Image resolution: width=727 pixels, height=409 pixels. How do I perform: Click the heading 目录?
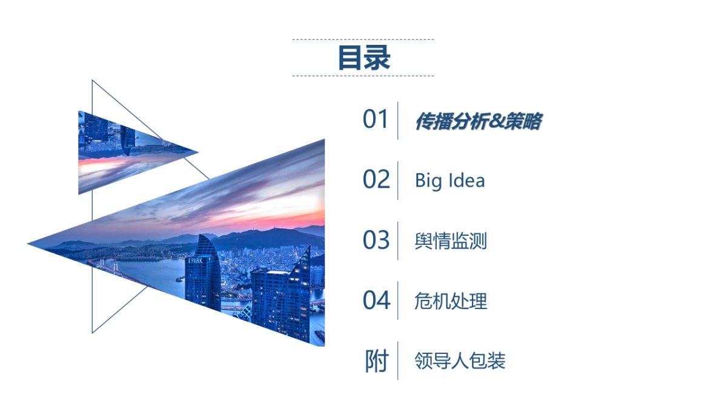click(363, 58)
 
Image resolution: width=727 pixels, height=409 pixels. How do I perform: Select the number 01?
click(376, 120)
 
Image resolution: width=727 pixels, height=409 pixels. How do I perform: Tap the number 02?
click(376, 180)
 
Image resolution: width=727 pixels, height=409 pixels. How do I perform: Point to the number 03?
click(376, 241)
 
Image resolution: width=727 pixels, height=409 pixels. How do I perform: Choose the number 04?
click(376, 301)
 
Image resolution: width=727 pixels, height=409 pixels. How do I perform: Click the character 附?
click(376, 361)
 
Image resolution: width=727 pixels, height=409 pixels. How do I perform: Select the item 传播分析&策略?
click(477, 122)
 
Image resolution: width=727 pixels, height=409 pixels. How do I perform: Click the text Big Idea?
click(450, 181)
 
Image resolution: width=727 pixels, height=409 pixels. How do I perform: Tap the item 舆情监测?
click(451, 241)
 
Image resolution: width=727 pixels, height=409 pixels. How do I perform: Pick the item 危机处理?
click(451, 301)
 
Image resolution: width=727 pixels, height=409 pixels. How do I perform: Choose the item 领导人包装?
click(460, 361)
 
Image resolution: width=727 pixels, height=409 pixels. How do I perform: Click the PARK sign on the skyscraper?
click(196, 261)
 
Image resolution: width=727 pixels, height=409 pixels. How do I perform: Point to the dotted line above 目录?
click(363, 39)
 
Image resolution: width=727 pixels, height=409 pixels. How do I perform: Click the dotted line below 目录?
click(363, 76)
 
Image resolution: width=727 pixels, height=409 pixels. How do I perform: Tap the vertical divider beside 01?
click(398, 120)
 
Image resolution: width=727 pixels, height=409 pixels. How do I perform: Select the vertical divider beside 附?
click(398, 361)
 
